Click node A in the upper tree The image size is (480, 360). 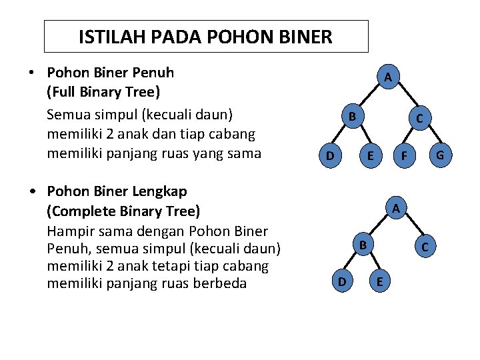click(387, 78)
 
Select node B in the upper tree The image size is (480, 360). click(353, 117)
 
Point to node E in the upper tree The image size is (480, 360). click(370, 157)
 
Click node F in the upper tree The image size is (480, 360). click(403, 157)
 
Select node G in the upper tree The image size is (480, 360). click(440, 156)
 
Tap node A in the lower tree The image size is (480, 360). click(396, 209)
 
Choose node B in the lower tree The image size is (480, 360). click(363, 245)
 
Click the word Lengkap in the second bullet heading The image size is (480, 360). click(159, 191)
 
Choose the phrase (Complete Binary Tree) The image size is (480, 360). click(123, 211)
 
